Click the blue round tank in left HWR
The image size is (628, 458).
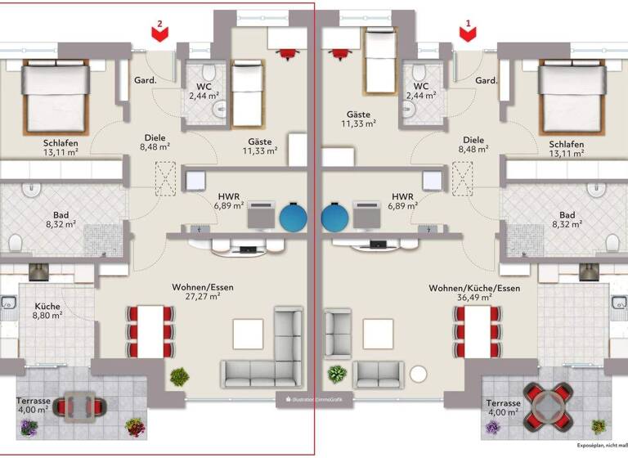click(294, 218)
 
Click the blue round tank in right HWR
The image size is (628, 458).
click(334, 218)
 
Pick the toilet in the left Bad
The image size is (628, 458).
click(15, 243)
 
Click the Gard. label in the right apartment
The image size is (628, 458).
click(487, 81)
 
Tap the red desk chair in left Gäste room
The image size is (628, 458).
click(288, 53)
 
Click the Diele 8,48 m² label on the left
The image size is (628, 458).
click(154, 143)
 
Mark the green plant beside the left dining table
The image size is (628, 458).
click(179, 377)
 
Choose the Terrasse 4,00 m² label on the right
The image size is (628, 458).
click(503, 408)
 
